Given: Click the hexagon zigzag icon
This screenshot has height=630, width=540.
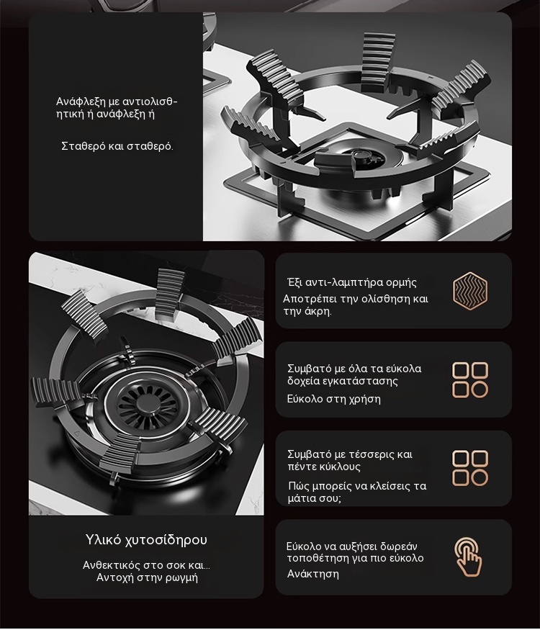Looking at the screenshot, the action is [469, 292].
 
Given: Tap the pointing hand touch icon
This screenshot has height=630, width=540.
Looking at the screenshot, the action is [468, 557].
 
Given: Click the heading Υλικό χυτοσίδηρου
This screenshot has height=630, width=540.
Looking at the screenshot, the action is [146, 539].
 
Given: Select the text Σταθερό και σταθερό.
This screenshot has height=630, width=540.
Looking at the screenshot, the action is [117, 146].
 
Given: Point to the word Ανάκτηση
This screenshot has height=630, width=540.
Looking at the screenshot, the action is [313, 574].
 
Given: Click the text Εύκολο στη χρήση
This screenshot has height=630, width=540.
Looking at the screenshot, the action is [333, 399].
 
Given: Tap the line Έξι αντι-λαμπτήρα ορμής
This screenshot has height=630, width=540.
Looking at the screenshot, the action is [352, 282].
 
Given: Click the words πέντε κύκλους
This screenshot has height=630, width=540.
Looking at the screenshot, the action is [324, 467].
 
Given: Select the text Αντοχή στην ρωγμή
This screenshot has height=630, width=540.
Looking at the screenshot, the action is [147, 577].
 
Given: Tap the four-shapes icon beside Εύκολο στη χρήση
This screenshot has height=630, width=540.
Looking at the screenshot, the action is [469, 379].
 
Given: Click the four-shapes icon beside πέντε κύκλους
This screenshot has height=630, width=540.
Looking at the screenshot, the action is [469, 468].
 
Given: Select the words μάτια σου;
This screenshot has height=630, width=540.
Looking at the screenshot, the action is [314, 498].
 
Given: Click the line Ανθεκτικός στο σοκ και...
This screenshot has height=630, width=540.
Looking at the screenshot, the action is [146, 565].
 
